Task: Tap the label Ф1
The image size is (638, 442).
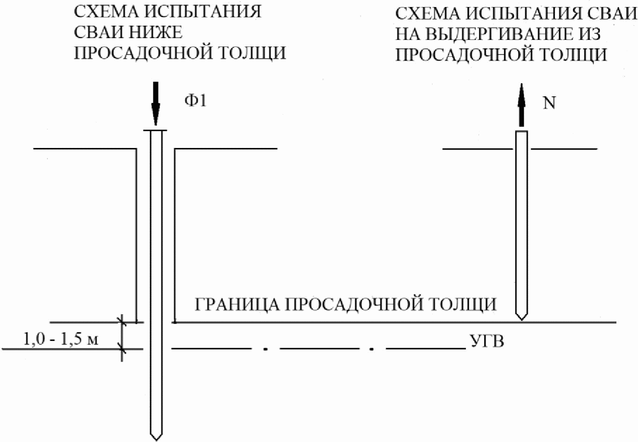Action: (195, 100)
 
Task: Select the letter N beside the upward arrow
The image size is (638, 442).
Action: (549, 103)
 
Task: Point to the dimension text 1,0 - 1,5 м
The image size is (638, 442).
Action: (61, 339)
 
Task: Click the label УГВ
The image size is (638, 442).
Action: (487, 341)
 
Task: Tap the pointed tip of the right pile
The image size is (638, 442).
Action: (522, 318)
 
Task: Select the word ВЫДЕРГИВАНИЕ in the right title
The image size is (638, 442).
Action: (493, 34)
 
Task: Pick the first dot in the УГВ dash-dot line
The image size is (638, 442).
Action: (266, 349)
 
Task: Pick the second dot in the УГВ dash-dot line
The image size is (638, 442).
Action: (372, 349)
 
